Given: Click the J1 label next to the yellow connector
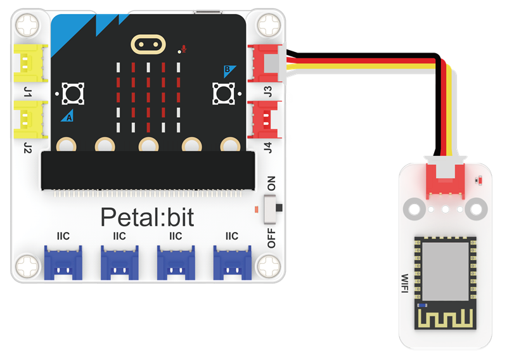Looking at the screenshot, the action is click(27, 92).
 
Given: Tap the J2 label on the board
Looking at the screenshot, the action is click(27, 148).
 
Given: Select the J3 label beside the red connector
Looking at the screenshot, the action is click(267, 91).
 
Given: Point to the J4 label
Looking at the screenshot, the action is click(267, 148).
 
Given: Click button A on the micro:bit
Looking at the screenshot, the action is click(73, 94).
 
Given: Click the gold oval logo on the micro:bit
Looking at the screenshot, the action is click(148, 44).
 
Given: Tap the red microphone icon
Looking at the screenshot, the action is click(184, 49).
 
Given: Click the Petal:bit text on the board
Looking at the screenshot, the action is click(147, 217).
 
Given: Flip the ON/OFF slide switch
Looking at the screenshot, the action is click(271, 209).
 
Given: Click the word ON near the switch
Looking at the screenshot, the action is click(271, 183).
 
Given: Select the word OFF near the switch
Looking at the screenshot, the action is click(271, 238).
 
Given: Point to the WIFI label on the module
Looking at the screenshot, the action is click(405, 283).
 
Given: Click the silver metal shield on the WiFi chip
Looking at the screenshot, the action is click(446, 271).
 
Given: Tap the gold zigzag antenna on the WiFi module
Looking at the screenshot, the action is click(446, 318).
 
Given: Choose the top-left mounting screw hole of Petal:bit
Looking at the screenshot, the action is click(28, 25).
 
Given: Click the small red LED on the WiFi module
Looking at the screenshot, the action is click(480, 181).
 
